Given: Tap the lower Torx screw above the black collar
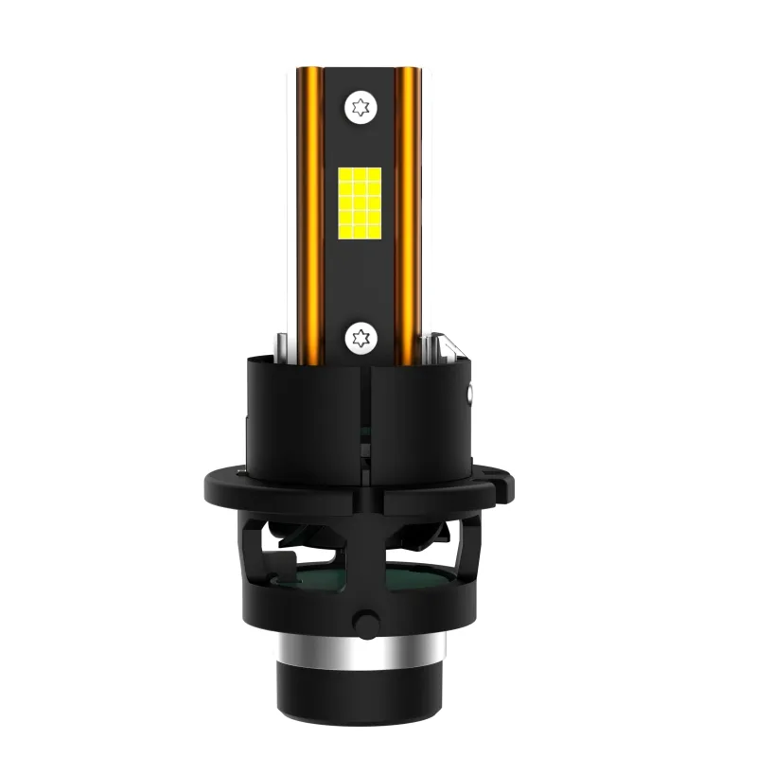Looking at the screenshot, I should tap(360, 336).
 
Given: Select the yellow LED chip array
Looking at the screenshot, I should tap(360, 202).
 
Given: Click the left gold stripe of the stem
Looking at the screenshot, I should tap(308, 218).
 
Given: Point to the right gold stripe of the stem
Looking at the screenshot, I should tap(409, 218).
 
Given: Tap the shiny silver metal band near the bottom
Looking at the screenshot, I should tap(360, 652).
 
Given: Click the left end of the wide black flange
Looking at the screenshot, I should tap(216, 488).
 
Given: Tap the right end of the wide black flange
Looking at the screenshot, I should tap(505, 488).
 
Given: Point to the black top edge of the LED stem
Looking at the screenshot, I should tap(360, 72).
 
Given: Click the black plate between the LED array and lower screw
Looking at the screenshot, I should tap(360, 279).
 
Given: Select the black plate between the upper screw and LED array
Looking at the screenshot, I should tap(360, 142).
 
